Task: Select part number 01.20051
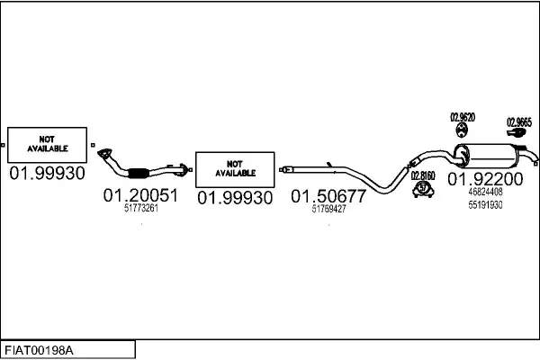click(x=140, y=195)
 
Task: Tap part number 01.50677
click(x=328, y=196)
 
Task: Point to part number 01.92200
click(x=485, y=179)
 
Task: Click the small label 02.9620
click(x=463, y=118)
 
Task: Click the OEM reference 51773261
click(x=140, y=209)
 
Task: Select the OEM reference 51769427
click(x=328, y=210)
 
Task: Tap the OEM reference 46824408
click(x=485, y=192)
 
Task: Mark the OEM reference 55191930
click(x=485, y=205)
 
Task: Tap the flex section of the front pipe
click(x=139, y=173)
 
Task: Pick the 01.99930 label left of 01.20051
click(x=47, y=173)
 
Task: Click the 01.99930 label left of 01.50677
click(x=235, y=196)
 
